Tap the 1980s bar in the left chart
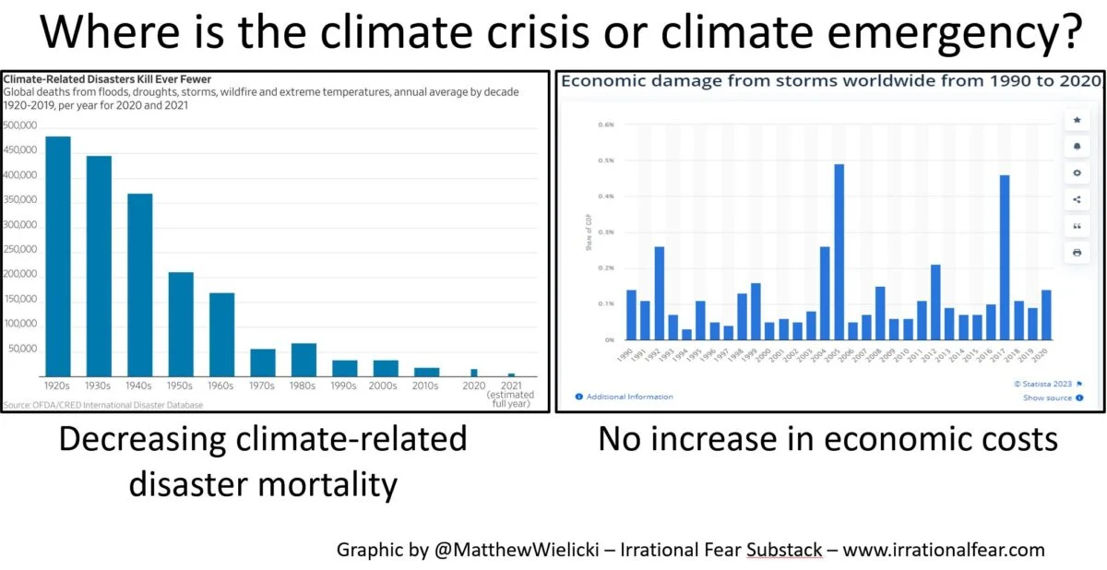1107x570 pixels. [x=304, y=358]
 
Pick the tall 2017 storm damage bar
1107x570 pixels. [x=1005, y=257]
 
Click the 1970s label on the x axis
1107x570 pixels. [x=263, y=386]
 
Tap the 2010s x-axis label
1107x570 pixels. [x=426, y=386]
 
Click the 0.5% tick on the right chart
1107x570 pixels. [x=606, y=160]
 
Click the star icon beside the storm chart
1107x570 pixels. [x=1077, y=120]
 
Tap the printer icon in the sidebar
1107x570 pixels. [x=1077, y=252]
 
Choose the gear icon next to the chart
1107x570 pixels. [x=1077, y=172]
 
